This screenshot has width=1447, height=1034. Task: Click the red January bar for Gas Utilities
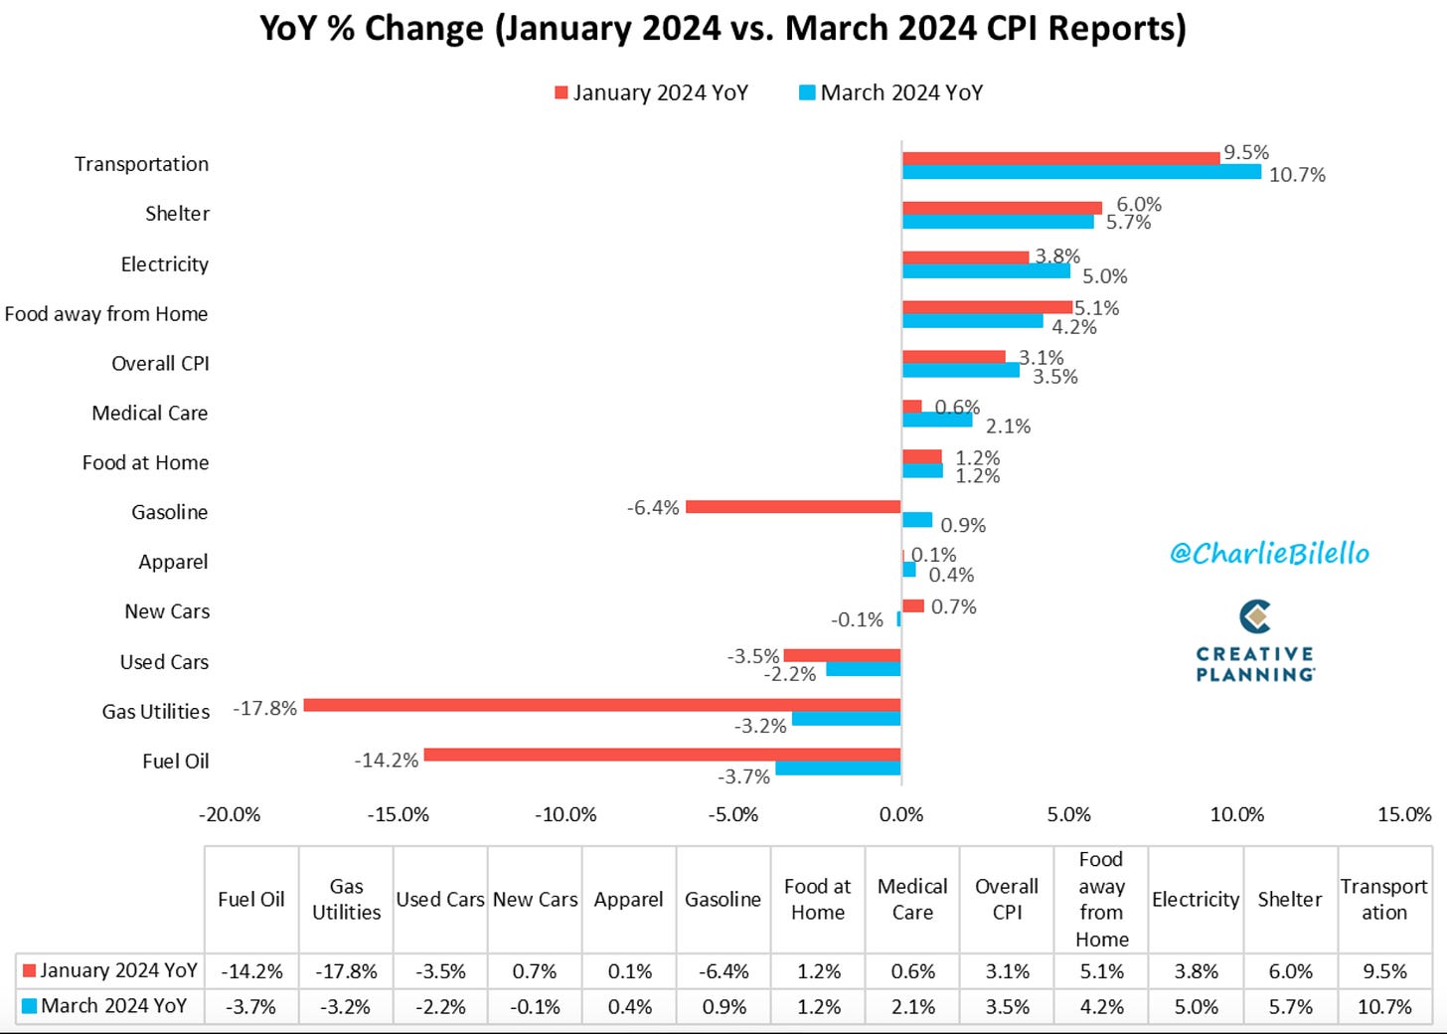[602, 705]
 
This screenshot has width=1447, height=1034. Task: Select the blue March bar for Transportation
[1082, 172]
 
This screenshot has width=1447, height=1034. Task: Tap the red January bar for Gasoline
[793, 507]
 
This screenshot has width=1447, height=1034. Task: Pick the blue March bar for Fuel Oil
[839, 768]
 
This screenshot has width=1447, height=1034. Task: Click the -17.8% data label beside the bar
[264, 708]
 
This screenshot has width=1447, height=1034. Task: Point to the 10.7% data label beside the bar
[1297, 175]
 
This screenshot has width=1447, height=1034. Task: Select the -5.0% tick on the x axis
[733, 814]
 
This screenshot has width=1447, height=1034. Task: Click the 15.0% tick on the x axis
[1404, 814]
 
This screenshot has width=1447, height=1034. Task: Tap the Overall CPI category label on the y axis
[160, 363]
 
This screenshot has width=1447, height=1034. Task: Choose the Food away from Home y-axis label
[106, 314]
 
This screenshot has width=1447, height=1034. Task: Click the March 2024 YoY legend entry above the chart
[891, 93]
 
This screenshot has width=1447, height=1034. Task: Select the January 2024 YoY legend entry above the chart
[651, 93]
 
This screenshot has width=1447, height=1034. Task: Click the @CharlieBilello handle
[1269, 553]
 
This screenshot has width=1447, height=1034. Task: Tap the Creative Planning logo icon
[1255, 616]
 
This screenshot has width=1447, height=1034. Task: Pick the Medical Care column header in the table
[912, 899]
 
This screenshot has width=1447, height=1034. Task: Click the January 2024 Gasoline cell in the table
[723, 971]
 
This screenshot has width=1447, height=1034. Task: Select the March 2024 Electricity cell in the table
[1196, 1007]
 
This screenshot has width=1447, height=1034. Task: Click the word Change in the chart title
[423, 29]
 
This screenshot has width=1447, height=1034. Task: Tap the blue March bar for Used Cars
[864, 669]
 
